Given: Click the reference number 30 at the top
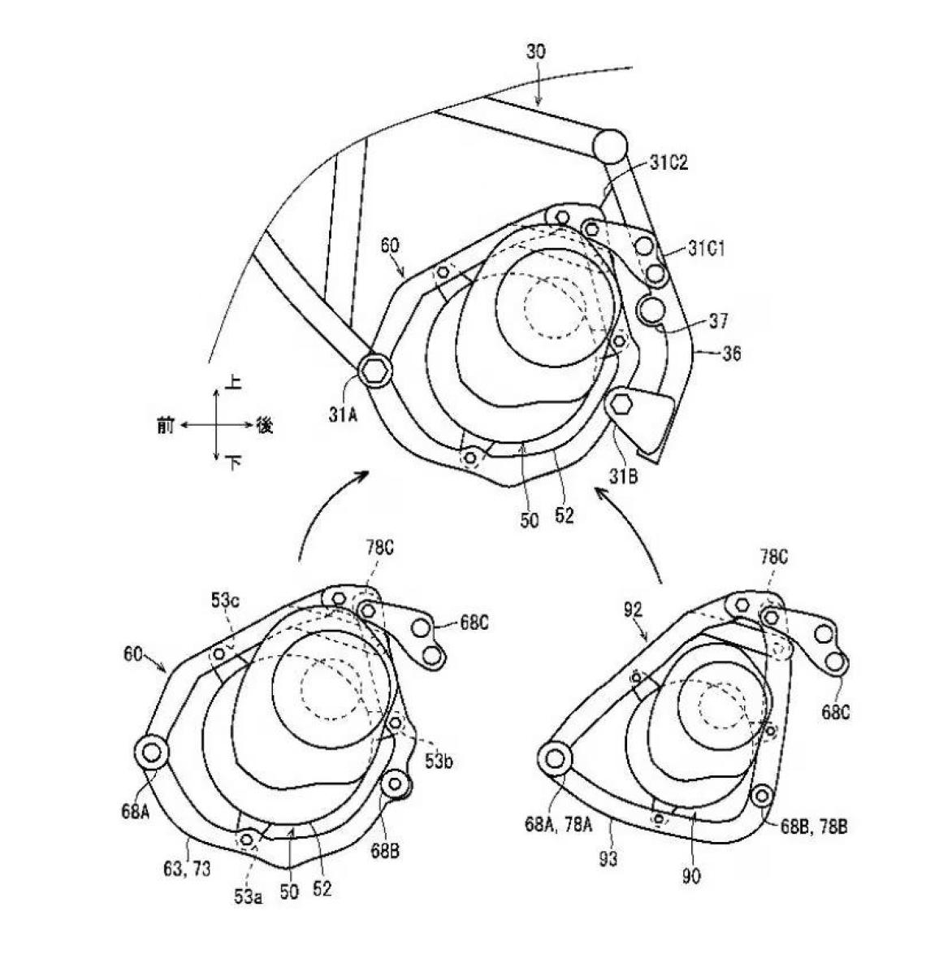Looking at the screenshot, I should click(535, 51).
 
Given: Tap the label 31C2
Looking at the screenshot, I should click(669, 163).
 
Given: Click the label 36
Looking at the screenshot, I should click(730, 354).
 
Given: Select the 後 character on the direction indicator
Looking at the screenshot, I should click(265, 425).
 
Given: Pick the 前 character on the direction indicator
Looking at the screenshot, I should click(166, 425).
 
